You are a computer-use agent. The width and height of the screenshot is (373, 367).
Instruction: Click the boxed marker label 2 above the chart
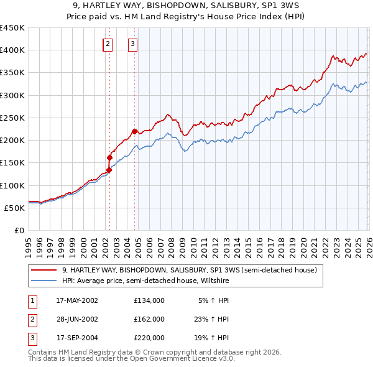pos(108,44)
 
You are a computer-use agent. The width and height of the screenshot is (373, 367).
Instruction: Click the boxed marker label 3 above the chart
pos(133,44)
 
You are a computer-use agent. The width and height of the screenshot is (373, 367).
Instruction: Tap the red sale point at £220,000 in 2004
pos(135,131)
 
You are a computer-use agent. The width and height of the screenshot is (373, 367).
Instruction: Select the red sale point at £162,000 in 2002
pos(110,157)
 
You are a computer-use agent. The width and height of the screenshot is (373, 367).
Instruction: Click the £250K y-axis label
pos(12,118)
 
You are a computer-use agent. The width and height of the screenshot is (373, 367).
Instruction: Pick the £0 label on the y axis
pos(19,230)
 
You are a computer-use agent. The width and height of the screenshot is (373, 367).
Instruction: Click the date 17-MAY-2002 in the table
pos(77,300)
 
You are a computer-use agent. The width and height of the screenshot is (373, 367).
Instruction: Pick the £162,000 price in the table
pos(149,319)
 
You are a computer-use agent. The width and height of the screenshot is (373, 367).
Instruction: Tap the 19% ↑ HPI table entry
pos(210,338)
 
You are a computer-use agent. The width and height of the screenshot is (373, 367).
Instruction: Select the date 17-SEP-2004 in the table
pos(77,338)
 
